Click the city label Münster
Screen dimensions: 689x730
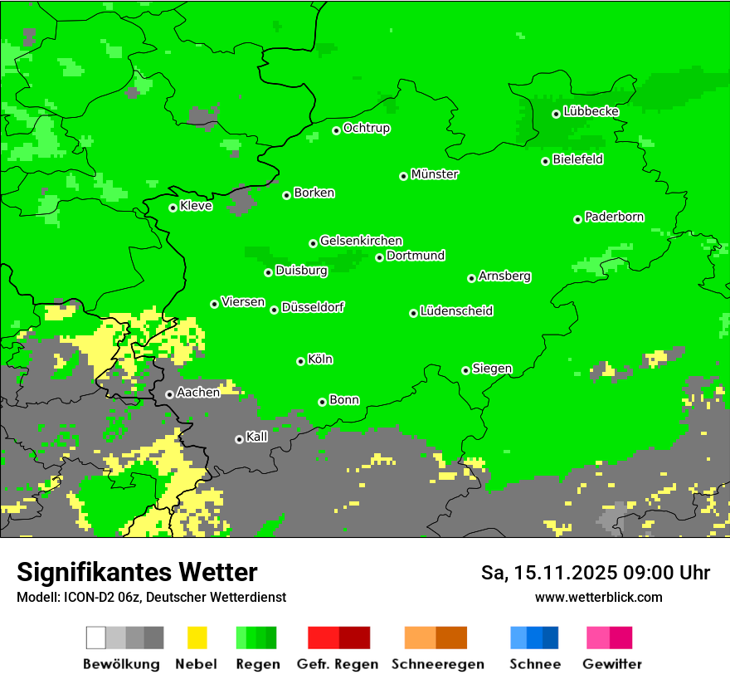click(x=435, y=174)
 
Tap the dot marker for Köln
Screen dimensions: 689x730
click(x=300, y=361)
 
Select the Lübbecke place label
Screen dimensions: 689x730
click(x=591, y=111)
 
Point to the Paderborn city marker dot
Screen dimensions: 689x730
click(x=577, y=219)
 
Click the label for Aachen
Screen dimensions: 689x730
click(x=198, y=393)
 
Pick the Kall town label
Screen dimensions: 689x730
click(x=257, y=437)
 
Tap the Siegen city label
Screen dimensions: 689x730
click(x=492, y=369)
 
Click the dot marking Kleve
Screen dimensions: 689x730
click(x=173, y=208)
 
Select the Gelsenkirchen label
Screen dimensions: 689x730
click(x=361, y=241)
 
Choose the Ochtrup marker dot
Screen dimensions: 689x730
click(x=336, y=130)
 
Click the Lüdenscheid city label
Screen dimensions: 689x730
click(x=456, y=311)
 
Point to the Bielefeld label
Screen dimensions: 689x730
click(x=578, y=159)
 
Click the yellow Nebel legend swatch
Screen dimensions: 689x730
click(x=197, y=638)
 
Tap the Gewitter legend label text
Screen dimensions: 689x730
click(x=612, y=664)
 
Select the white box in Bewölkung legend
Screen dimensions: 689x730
click(x=96, y=638)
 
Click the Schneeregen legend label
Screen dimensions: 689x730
click(x=438, y=664)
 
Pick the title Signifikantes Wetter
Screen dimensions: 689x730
click(x=137, y=572)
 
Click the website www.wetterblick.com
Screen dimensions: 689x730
click(x=598, y=597)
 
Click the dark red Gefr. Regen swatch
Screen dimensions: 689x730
click(x=354, y=638)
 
